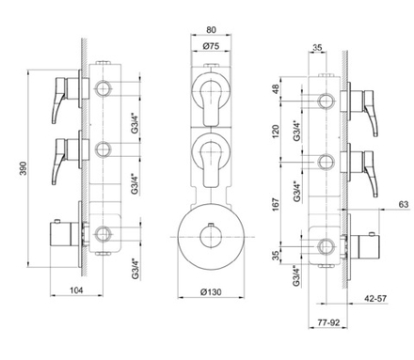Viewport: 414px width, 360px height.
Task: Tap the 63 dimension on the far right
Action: click(x=402, y=204)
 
